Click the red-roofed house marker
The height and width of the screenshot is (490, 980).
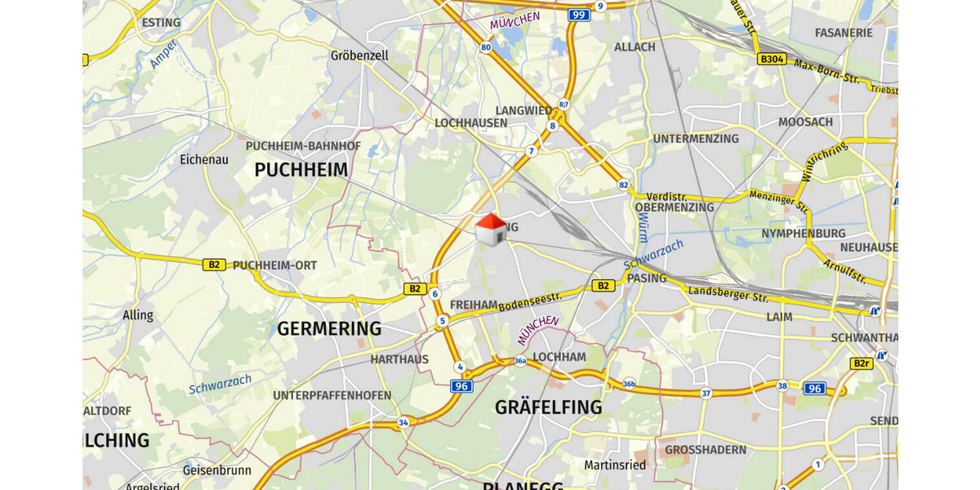click(x=491, y=229)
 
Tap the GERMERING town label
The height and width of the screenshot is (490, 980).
click(x=329, y=328)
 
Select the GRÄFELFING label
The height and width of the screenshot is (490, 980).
click(x=548, y=407)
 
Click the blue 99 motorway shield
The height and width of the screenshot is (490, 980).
click(x=578, y=15)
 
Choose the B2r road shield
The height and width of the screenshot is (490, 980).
click(x=861, y=363)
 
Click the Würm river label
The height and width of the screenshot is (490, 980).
click(x=643, y=224)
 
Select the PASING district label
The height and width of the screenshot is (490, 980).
click(x=647, y=278)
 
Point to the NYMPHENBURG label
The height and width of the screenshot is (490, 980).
click(x=803, y=234)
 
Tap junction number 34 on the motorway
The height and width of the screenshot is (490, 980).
click(x=403, y=422)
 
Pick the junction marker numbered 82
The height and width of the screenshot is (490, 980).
click(x=624, y=185)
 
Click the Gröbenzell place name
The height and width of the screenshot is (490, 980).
click(x=359, y=56)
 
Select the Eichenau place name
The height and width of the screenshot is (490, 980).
click(x=204, y=159)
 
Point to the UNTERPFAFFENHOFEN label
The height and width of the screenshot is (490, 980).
click(x=332, y=395)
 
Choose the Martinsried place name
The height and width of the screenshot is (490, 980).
click(x=615, y=465)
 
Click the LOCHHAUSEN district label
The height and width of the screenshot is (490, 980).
click(x=471, y=122)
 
